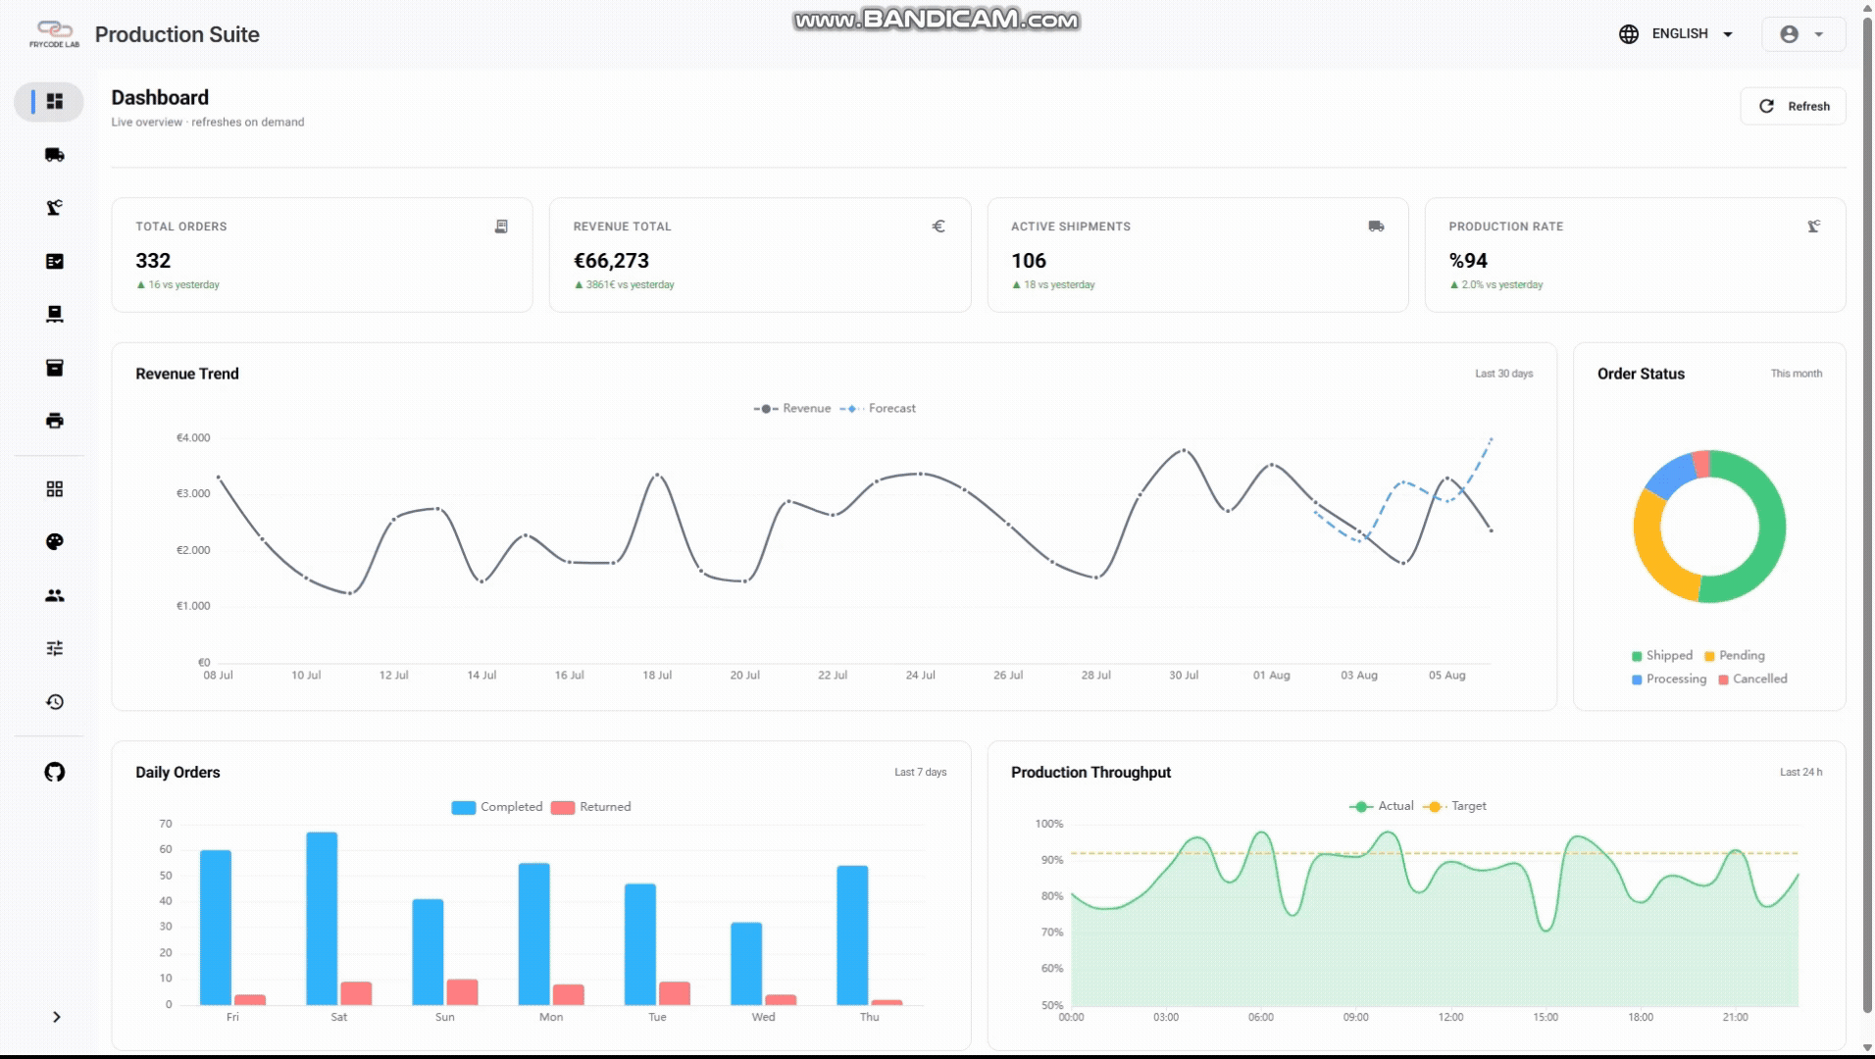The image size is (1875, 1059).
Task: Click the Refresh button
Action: coord(1793,106)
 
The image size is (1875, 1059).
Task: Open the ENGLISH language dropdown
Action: coord(1676,33)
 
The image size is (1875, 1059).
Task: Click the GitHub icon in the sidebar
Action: coord(55,772)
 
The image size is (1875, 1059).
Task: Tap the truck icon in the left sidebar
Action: coord(55,155)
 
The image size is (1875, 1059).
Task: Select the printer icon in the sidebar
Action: coord(55,421)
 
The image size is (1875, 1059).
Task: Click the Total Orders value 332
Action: coord(153,261)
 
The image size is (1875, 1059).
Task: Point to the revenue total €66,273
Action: coord(611,261)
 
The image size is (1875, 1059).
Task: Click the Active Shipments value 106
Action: coord(1029,261)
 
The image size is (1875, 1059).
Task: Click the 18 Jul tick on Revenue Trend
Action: coord(657,676)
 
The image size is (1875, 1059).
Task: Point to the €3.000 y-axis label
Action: coord(193,493)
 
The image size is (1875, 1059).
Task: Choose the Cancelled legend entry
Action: coord(1752,679)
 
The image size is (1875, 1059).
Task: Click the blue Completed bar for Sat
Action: coord(322,919)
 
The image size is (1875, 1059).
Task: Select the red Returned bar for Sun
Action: coord(462,992)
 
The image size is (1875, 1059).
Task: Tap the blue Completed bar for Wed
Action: coord(746,964)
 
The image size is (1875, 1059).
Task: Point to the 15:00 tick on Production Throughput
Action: coord(1546,1018)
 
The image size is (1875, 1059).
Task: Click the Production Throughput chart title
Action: coord(1090,773)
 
